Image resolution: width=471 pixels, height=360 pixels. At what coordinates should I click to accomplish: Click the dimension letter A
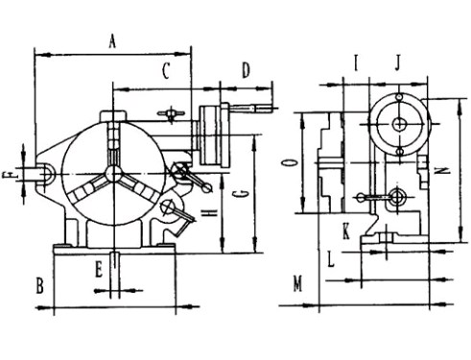(x=112, y=41)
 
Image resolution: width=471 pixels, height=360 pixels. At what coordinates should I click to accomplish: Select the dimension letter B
(x=39, y=286)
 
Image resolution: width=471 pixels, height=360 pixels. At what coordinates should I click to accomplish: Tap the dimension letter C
(x=166, y=71)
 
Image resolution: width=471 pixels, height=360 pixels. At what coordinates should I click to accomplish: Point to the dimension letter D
(x=246, y=70)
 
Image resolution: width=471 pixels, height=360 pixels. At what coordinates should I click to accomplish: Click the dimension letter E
(x=99, y=269)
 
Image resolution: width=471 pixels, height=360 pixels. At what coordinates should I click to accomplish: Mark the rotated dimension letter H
(x=210, y=213)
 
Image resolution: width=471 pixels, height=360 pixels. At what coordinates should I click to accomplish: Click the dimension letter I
(x=356, y=62)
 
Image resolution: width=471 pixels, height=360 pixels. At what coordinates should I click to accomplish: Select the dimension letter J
(x=397, y=62)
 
